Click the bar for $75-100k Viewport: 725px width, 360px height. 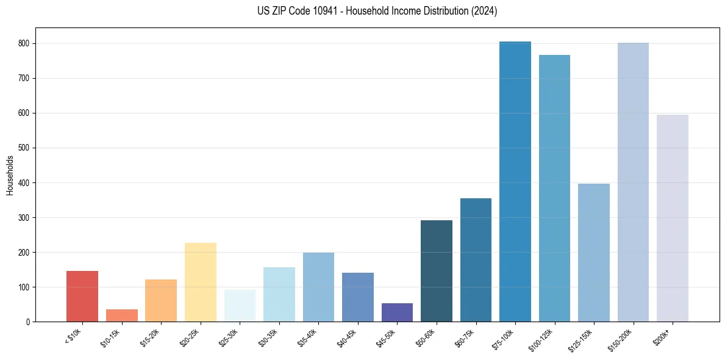click(x=515, y=183)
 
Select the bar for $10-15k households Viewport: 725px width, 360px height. click(x=122, y=315)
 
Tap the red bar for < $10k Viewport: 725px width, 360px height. click(x=82, y=297)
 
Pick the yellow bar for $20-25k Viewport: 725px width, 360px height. click(x=201, y=283)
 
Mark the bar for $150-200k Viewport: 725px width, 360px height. click(x=633, y=183)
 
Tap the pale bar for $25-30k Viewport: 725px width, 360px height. click(x=240, y=306)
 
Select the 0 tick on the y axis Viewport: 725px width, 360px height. click(x=30, y=322)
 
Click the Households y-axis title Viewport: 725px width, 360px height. click(x=10, y=175)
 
